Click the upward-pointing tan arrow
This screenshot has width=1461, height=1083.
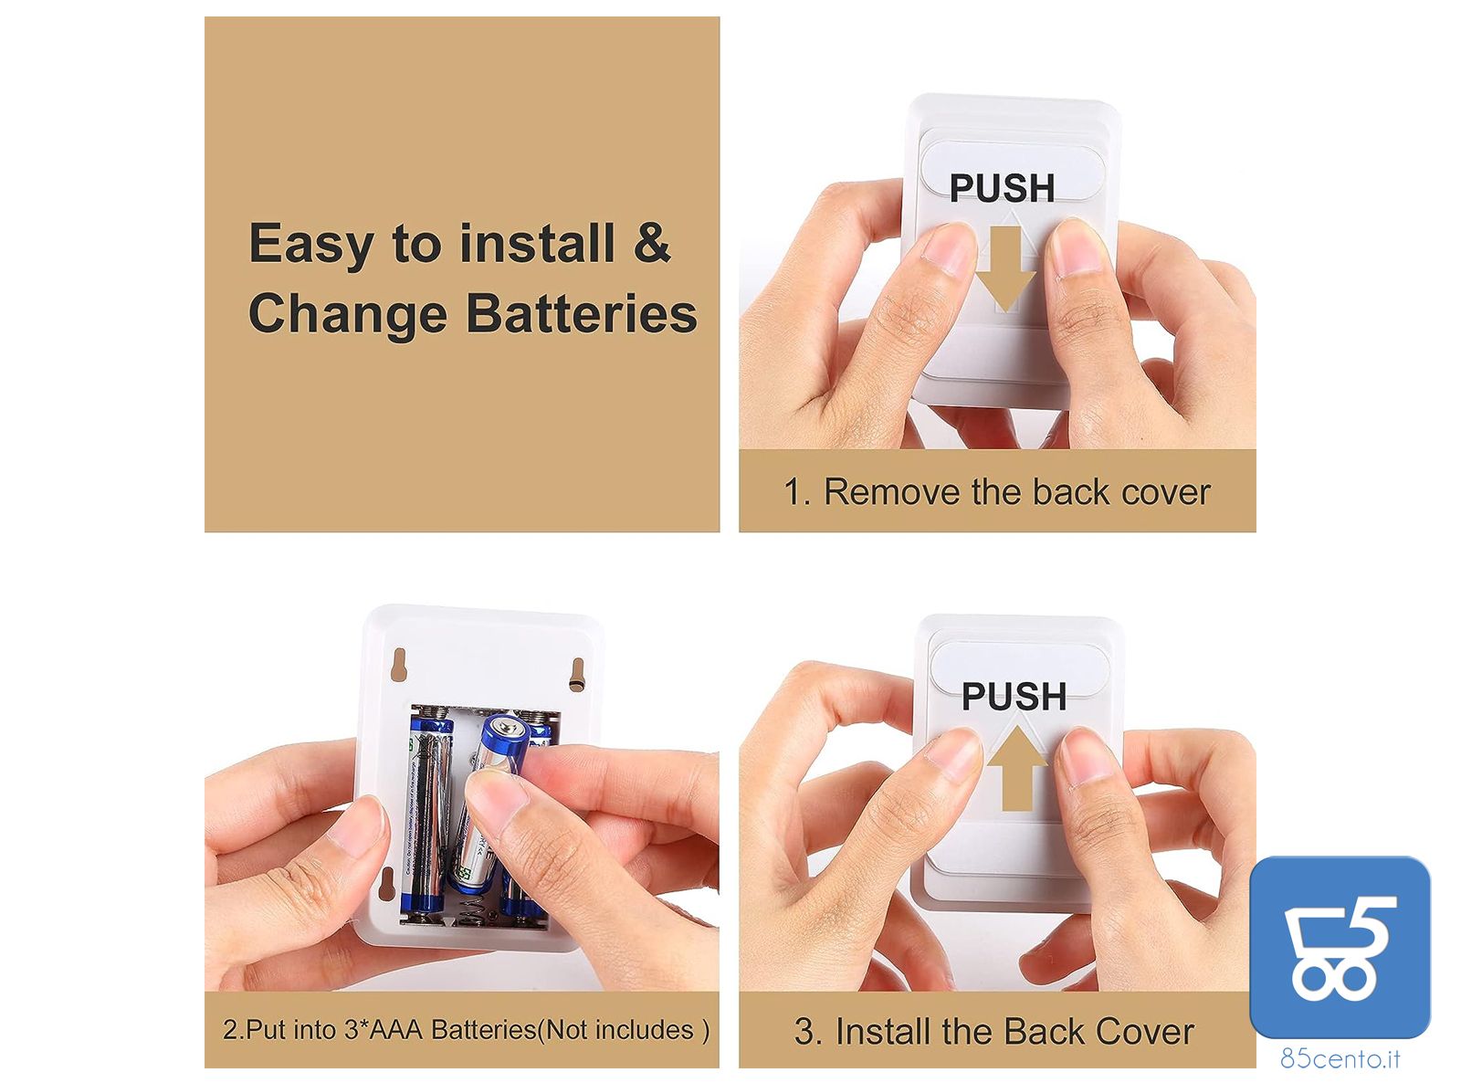(1016, 767)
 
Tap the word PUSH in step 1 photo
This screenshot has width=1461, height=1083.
(1002, 188)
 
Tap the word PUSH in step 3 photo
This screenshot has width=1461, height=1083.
(1014, 697)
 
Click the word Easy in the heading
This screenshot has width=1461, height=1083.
(310, 245)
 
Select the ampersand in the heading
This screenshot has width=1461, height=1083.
(652, 242)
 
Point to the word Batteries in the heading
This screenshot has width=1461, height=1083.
(582, 313)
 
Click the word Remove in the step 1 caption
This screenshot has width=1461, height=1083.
(891, 493)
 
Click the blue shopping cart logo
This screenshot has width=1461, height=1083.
(1340, 947)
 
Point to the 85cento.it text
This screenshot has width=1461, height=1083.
(1340, 1059)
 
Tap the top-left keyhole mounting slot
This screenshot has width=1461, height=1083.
(398, 663)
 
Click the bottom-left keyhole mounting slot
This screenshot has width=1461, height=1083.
(386, 883)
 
